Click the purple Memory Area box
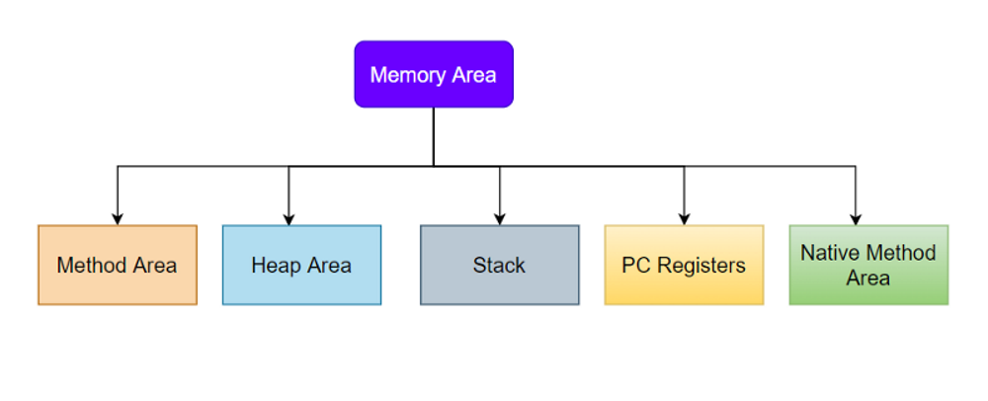tap(434, 74)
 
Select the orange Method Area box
tap(118, 265)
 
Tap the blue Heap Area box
tap(301, 265)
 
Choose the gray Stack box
tap(499, 265)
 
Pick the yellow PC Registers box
tap(684, 265)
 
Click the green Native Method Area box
tap(868, 265)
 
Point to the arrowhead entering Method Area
tap(118, 218)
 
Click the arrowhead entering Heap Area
tap(288, 218)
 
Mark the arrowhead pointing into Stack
tap(499, 218)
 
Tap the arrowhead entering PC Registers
tap(684, 218)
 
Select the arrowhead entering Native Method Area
tap(856, 218)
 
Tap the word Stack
tap(499, 266)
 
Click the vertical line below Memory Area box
tap(434, 135)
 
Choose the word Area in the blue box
tap(329, 266)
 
